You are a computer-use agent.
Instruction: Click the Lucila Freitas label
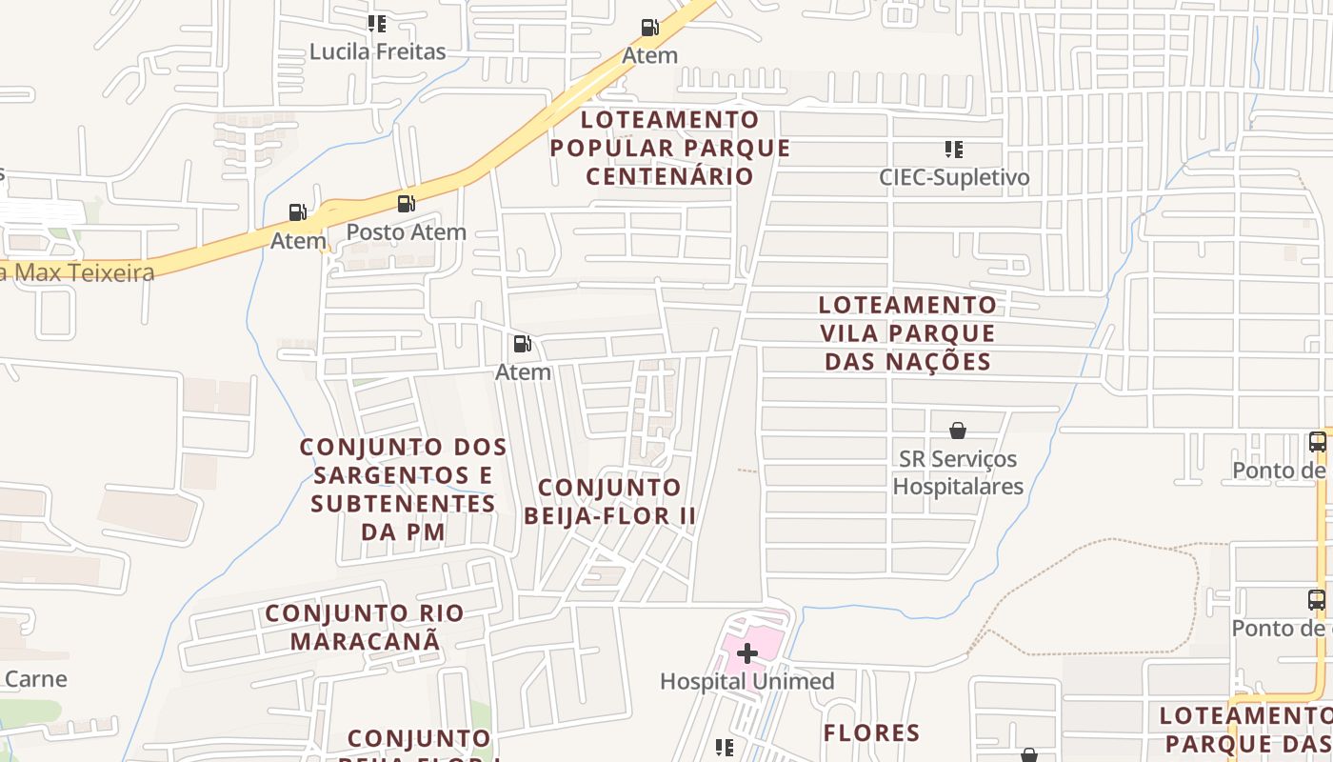(377, 51)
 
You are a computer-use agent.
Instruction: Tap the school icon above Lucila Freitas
(377, 24)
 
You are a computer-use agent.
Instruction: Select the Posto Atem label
(406, 231)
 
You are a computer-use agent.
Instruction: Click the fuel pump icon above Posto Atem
(406, 203)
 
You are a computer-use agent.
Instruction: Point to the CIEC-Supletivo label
(954, 177)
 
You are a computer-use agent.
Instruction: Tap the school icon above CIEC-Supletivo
(953, 150)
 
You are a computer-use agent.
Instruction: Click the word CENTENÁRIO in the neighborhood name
(669, 176)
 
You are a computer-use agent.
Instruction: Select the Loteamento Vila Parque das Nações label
(907, 333)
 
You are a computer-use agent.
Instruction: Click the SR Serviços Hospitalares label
(958, 472)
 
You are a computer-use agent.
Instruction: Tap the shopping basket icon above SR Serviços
(958, 431)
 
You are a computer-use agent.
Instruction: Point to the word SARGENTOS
(403, 474)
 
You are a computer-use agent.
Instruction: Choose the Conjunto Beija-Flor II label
(609, 501)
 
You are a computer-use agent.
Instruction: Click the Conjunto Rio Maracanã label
(365, 627)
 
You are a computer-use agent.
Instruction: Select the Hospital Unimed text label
(746, 681)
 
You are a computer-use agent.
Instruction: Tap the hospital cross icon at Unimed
(747, 653)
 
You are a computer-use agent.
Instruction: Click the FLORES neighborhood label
(871, 732)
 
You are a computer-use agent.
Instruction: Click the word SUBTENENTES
(403, 503)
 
